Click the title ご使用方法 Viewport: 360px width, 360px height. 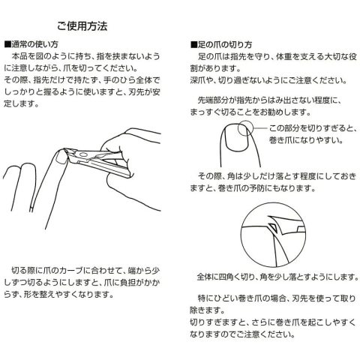[x=82, y=26]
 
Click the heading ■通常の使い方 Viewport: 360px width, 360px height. [x=31, y=44]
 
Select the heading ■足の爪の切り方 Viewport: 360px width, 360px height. [x=221, y=45]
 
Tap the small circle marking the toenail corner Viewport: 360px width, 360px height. [x=245, y=128]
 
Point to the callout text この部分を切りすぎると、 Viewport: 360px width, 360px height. [x=313, y=128]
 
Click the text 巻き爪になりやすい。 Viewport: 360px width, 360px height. [x=306, y=140]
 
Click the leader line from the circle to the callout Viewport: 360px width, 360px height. [x=260, y=128]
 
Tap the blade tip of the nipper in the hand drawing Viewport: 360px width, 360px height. [x=67, y=150]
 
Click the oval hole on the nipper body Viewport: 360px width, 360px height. [x=83, y=155]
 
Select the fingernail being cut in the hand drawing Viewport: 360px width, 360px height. [x=61, y=157]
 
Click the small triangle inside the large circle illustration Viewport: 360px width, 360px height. [x=271, y=227]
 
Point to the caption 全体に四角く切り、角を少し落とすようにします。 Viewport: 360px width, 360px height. [x=277, y=277]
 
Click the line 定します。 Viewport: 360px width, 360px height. [x=22, y=103]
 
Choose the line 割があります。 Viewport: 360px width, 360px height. [x=215, y=68]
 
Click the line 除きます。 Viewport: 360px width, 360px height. [x=207, y=310]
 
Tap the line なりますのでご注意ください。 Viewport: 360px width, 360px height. [x=242, y=334]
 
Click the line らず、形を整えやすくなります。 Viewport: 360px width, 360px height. [x=59, y=294]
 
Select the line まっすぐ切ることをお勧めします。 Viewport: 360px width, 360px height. [x=250, y=112]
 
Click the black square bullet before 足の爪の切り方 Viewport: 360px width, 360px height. [x=194, y=45]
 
